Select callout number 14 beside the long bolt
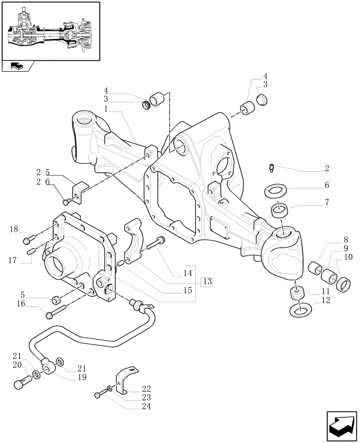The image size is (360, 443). [188, 273]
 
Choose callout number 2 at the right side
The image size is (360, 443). [326, 168]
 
